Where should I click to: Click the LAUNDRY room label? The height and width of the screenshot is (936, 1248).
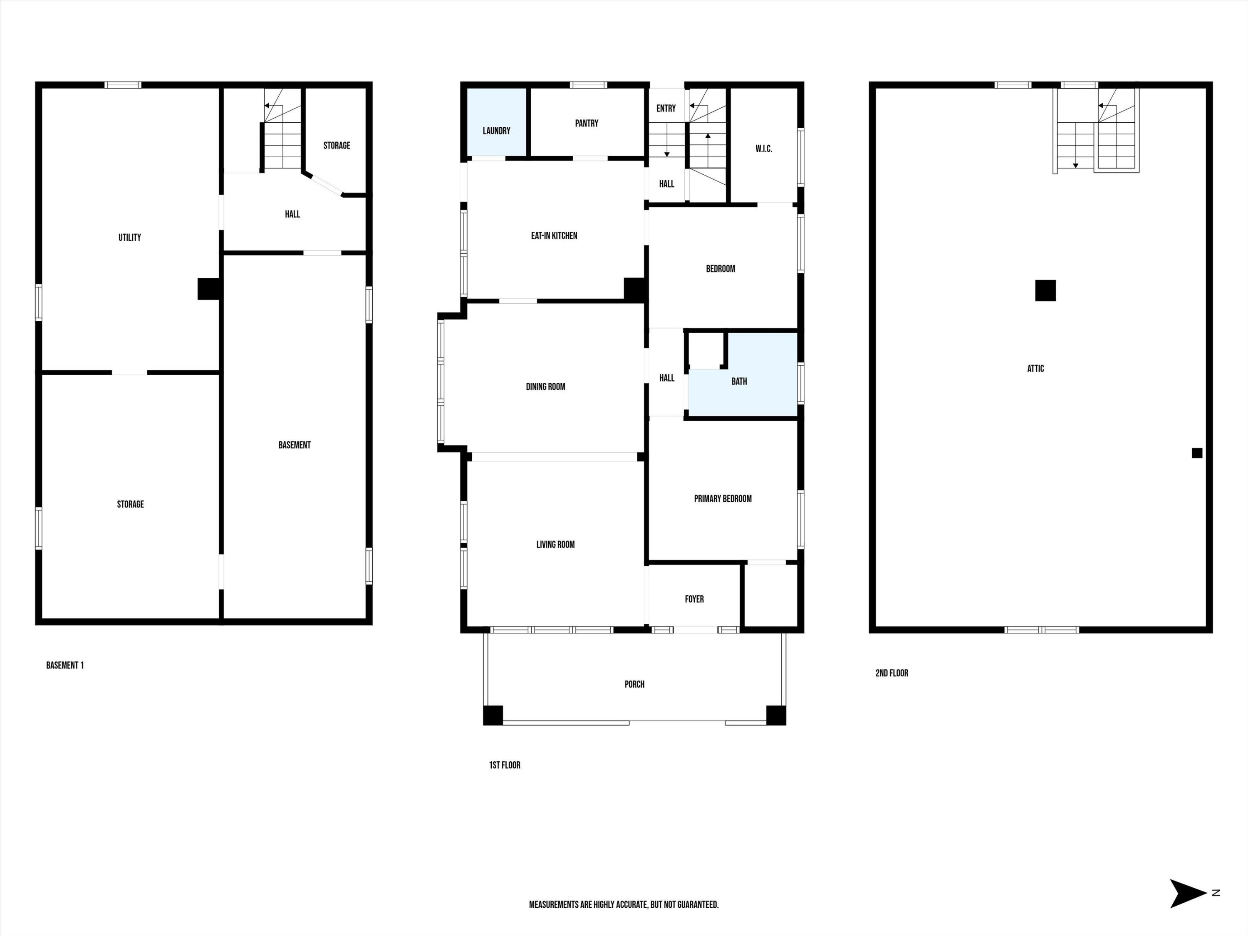[496, 131]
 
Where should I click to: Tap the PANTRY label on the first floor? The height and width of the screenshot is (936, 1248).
[586, 123]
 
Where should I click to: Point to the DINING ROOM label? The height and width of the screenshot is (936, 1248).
[545, 386]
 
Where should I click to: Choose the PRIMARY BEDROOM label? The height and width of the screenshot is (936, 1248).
[722, 499]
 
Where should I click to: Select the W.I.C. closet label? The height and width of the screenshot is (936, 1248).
[763, 149]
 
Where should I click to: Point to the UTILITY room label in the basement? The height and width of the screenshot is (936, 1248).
[129, 238]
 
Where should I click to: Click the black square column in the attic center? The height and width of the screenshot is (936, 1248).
[1045, 290]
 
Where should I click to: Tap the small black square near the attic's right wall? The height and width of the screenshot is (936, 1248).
[1197, 453]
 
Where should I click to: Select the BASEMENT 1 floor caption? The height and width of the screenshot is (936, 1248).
[65, 665]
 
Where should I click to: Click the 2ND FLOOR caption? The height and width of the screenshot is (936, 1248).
[891, 673]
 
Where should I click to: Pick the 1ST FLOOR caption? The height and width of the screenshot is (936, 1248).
[504, 765]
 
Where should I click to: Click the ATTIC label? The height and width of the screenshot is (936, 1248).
[1035, 369]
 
